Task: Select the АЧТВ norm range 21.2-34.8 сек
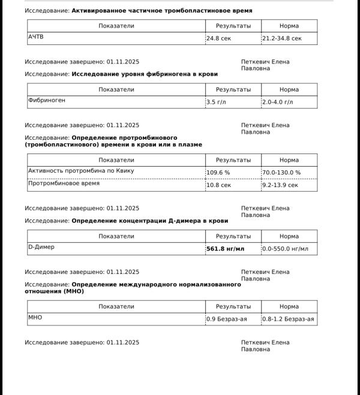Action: pyautogui.click(x=282, y=38)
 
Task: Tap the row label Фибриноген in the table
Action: pyautogui.click(x=47, y=100)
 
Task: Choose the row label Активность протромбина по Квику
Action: pyautogui.click(x=81, y=171)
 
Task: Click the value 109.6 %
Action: pyautogui.click(x=218, y=173)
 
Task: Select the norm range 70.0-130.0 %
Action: pyautogui.click(x=281, y=173)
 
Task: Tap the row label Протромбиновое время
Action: pyautogui.click(x=64, y=183)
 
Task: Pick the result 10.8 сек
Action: pyautogui.click(x=219, y=185)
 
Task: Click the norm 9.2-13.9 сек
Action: pyautogui.click(x=280, y=185)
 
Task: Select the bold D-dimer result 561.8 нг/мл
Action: pyautogui.click(x=226, y=249)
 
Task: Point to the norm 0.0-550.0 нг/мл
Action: pyautogui.click(x=286, y=249)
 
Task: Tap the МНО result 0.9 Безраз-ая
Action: pyautogui.click(x=227, y=319)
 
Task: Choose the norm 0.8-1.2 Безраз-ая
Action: pyautogui.click(x=289, y=319)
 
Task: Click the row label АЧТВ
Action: pyautogui.click(x=36, y=37)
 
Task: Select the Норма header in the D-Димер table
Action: pyautogui.click(x=289, y=236)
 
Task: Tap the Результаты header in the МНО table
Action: pyautogui.click(x=233, y=306)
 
